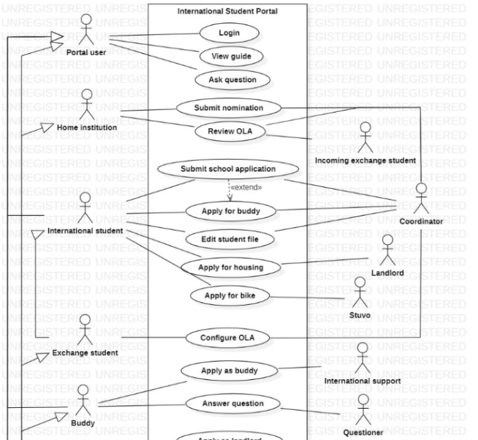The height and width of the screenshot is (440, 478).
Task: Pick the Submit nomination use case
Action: pyautogui.click(x=229, y=108)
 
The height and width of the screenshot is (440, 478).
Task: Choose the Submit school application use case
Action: pyautogui.click(x=228, y=169)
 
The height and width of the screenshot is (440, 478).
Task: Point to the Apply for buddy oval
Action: pyautogui.click(x=229, y=211)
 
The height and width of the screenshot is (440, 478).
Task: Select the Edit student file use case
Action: pyautogui.click(x=229, y=239)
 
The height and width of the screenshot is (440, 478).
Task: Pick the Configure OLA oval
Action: pyautogui.click(x=228, y=337)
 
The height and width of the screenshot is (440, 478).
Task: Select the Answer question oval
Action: pyautogui.click(x=233, y=403)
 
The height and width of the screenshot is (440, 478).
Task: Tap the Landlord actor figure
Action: pyautogui.click(x=388, y=250)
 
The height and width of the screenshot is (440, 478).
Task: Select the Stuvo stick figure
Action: pyautogui.click(x=359, y=293)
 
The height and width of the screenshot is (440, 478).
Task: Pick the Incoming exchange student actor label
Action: pyautogui.click(x=365, y=160)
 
